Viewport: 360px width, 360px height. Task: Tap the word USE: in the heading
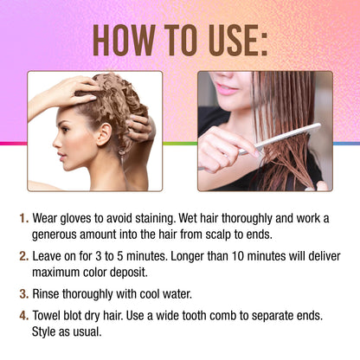point(238,41)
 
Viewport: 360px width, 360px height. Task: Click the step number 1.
point(23,218)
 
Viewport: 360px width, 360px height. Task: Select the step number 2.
point(23,256)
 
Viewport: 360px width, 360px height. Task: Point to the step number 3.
point(23,294)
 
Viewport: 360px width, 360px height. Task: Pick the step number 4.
point(23,316)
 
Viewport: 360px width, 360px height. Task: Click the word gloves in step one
point(75,219)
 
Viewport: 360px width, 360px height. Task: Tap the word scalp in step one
point(218,235)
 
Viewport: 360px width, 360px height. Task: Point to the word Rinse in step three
point(46,294)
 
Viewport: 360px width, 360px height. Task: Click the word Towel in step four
point(46,316)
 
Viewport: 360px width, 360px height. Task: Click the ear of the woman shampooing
point(104,134)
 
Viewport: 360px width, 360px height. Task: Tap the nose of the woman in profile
point(56,143)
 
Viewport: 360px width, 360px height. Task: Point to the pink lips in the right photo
point(227,89)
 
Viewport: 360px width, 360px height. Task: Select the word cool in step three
point(150,294)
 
